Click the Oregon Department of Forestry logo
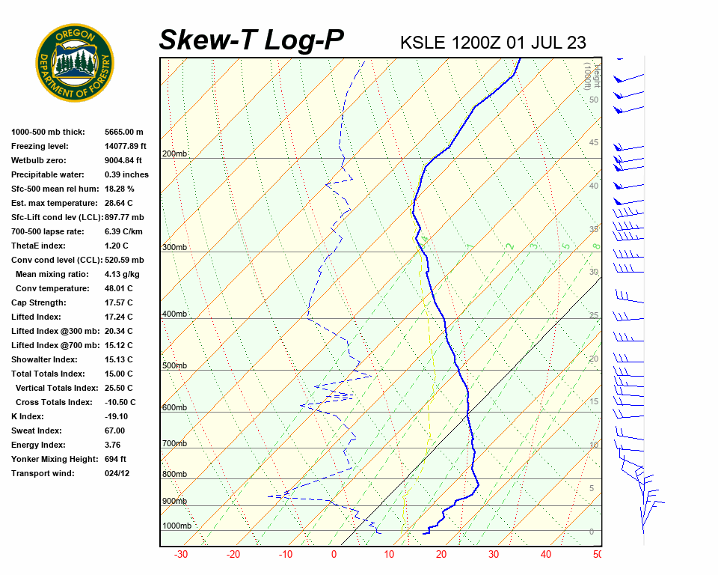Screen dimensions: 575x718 point(75,63)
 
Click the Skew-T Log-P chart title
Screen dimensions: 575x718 point(251,40)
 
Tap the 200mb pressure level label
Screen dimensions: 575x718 point(174,154)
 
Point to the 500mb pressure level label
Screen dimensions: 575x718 point(174,366)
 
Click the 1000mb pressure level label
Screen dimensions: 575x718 point(177,526)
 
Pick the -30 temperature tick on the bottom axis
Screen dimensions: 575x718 point(180,555)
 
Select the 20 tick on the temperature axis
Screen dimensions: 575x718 point(441,555)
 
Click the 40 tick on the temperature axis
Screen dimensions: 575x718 point(545,555)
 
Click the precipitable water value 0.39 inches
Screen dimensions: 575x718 point(126,175)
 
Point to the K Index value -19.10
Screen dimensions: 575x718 point(116,417)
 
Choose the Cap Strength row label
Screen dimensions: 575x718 point(38,303)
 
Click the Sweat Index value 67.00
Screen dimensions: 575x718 point(114,431)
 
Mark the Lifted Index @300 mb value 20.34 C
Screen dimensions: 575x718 point(118,332)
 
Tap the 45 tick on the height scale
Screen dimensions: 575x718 point(594,143)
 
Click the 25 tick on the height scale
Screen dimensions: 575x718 point(594,316)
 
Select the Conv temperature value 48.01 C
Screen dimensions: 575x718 point(118,289)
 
